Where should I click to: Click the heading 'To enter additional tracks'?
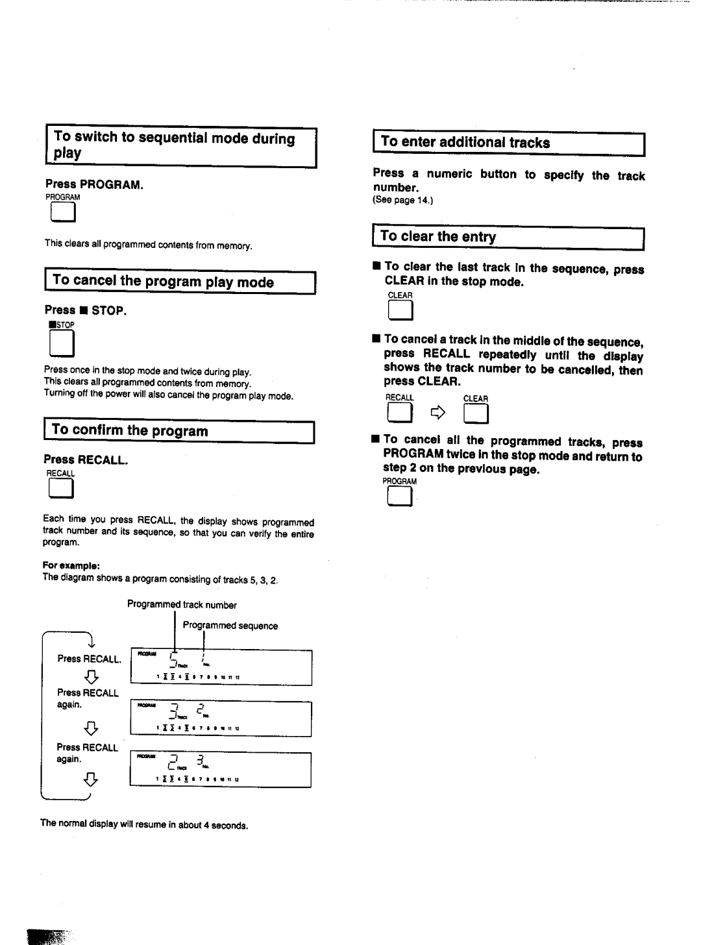pyautogui.click(x=465, y=143)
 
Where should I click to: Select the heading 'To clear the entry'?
pyautogui.click(x=438, y=237)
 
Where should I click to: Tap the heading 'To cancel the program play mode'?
pyautogui.click(x=163, y=282)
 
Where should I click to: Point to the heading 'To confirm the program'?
pyautogui.click(x=130, y=431)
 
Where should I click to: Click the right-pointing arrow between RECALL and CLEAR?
pyautogui.click(x=439, y=411)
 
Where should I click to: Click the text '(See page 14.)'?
pyautogui.click(x=402, y=201)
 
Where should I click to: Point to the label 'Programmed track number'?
pyautogui.click(x=182, y=605)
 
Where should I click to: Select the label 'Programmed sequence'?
pyautogui.click(x=230, y=626)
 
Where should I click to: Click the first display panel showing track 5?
pyautogui.click(x=221, y=667)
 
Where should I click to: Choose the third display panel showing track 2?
pyautogui.click(x=221, y=770)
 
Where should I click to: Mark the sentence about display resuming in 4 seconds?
pyautogui.click(x=144, y=825)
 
